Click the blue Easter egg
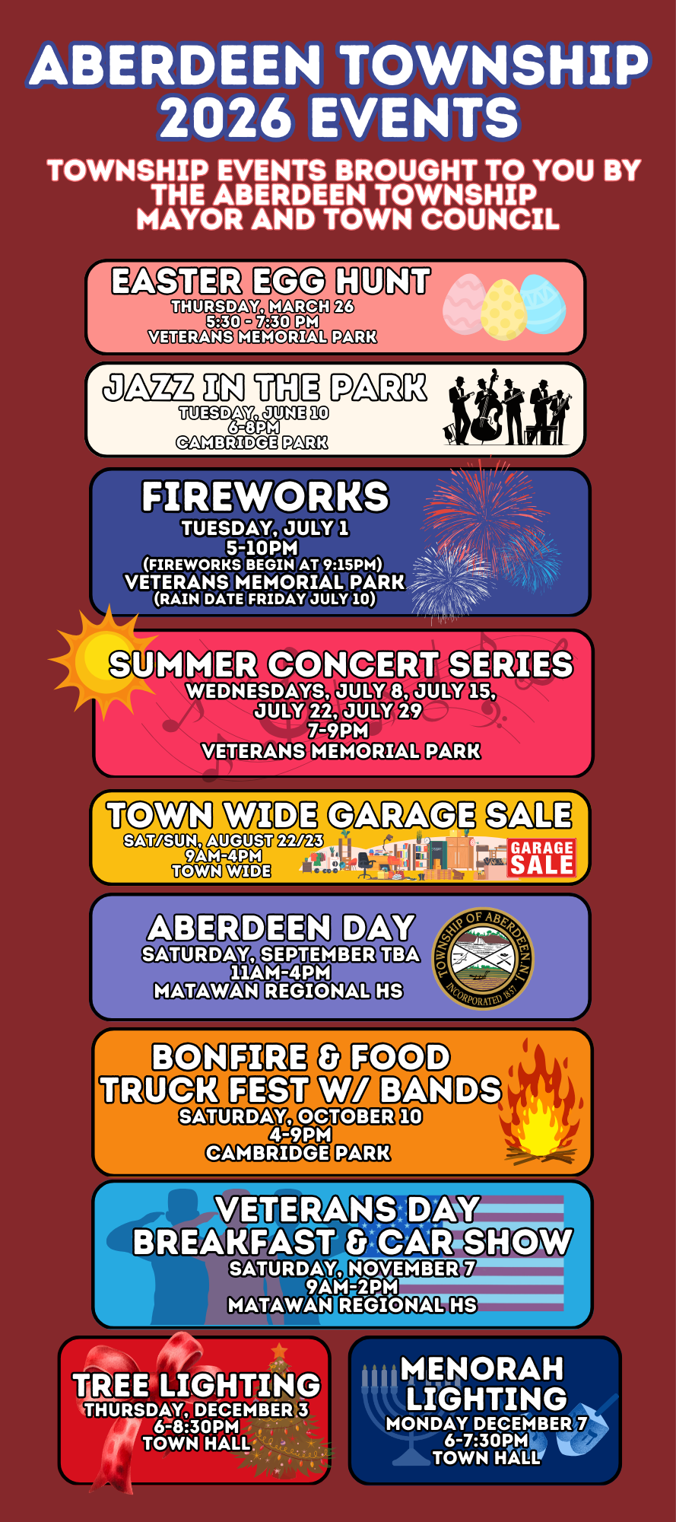pyautogui.click(x=542, y=304)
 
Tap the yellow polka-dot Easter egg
pyautogui.click(x=503, y=310)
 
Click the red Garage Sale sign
pyautogui.click(x=541, y=858)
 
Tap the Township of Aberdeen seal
pyautogui.click(x=484, y=958)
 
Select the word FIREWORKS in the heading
pyautogui.click(x=265, y=498)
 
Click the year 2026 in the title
pyautogui.click(x=225, y=118)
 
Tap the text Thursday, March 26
pyautogui.click(x=262, y=306)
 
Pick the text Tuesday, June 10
pyautogui.click(x=253, y=412)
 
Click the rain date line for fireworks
pyautogui.click(x=265, y=599)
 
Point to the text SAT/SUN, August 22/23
pyautogui.click(x=223, y=840)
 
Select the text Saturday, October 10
pyautogui.click(x=300, y=1116)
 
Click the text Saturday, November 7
pyautogui.click(x=352, y=1269)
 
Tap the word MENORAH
pyautogui.click(x=482, y=1368)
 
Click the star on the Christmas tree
pyautogui.click(x=280, y=1350)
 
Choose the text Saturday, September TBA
pyautogui.click(x=281, y=954)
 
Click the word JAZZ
pyautogui.click(x=148, y=388)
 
